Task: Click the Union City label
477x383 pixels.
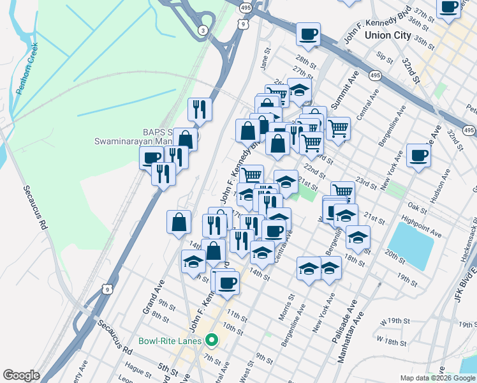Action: pos(388,35)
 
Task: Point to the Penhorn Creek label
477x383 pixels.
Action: pos(28,68)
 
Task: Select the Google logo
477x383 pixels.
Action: pos(21,375)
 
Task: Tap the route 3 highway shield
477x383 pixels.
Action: pos(203,30)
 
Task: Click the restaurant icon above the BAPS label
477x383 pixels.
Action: pos(200,109)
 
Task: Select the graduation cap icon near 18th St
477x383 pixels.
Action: pos(358,237)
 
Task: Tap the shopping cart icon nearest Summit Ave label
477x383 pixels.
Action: pos(338,128)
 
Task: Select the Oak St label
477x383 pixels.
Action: pos(416,207)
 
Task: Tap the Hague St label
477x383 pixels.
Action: pos(135,368)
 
